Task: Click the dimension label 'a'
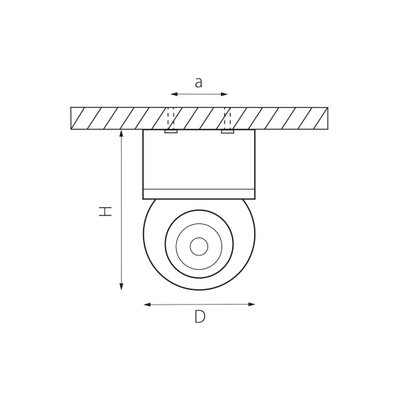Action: coord(198,82)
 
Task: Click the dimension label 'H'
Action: coord(105,211)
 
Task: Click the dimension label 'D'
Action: coord(199,317)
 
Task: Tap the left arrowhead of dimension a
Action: coord(173,94)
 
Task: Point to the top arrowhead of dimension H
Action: coord(121,133)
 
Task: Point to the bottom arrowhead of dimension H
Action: coord(121,287)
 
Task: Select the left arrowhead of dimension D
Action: coord(146,305)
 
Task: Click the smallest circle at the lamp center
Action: coord(199,246)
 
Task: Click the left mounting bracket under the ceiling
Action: coord(171,132)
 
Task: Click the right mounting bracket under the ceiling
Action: coord(228,132)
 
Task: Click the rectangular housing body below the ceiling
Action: coord(199,160)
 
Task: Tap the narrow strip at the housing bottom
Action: coord(199,194)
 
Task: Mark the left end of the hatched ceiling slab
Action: coord(72,118)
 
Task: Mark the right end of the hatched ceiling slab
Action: coord(327,118)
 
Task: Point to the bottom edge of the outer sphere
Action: coord(199,290)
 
